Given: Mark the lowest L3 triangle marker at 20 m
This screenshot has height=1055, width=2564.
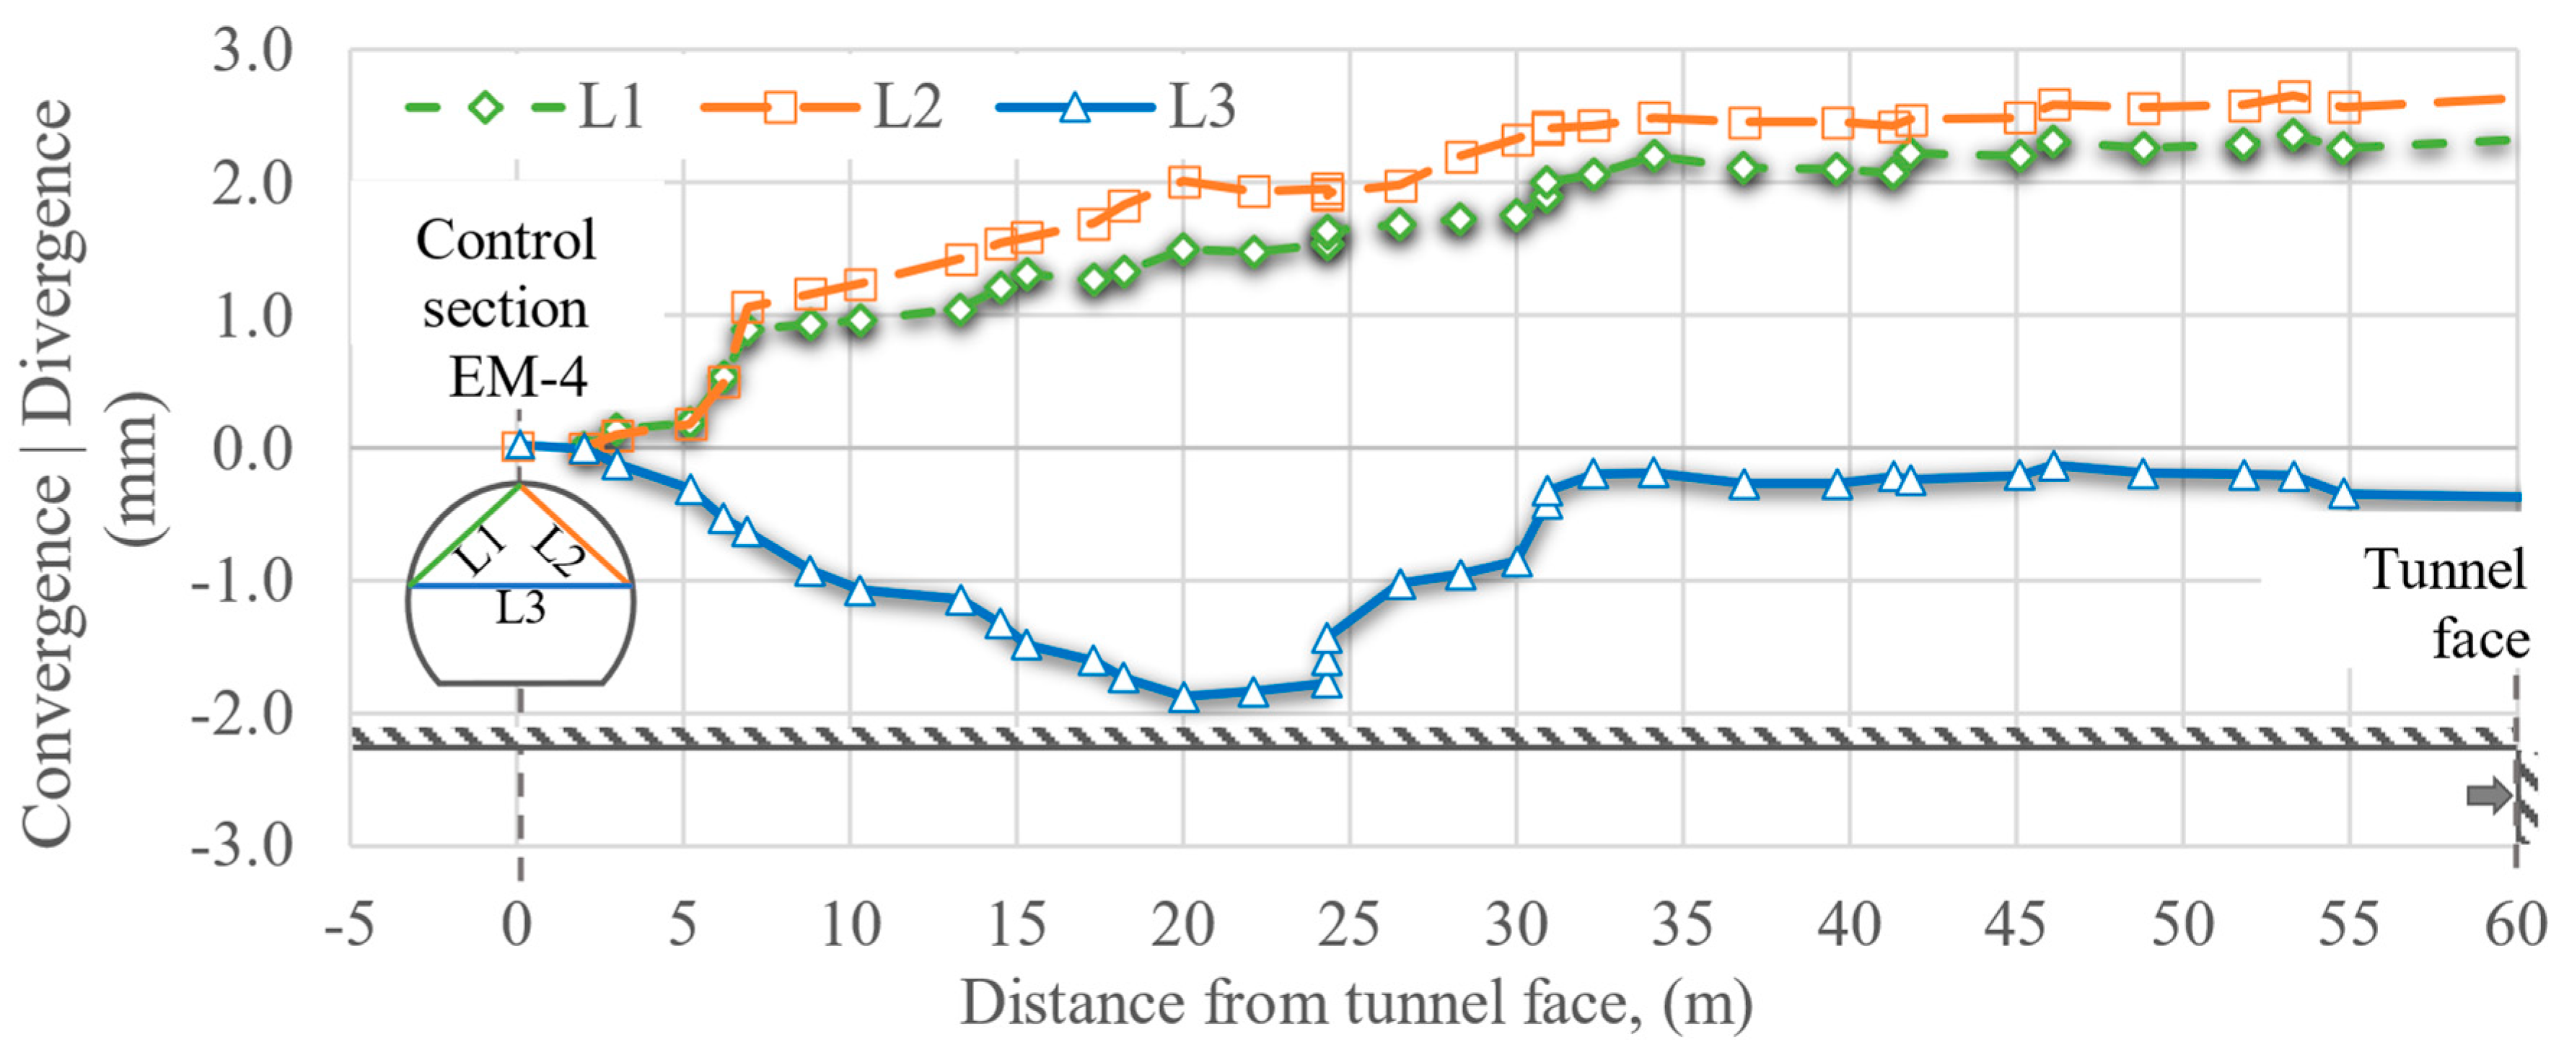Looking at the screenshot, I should point(1183,696).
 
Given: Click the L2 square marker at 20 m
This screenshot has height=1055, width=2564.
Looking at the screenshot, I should point(1183,181).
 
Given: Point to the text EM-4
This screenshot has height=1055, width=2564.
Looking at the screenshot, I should point(517,376).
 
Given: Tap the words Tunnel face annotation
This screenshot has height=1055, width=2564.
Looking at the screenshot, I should point(2449,604).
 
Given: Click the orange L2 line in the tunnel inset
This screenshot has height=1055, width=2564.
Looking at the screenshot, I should point(575,535).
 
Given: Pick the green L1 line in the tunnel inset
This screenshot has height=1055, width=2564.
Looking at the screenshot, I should point(464,535).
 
